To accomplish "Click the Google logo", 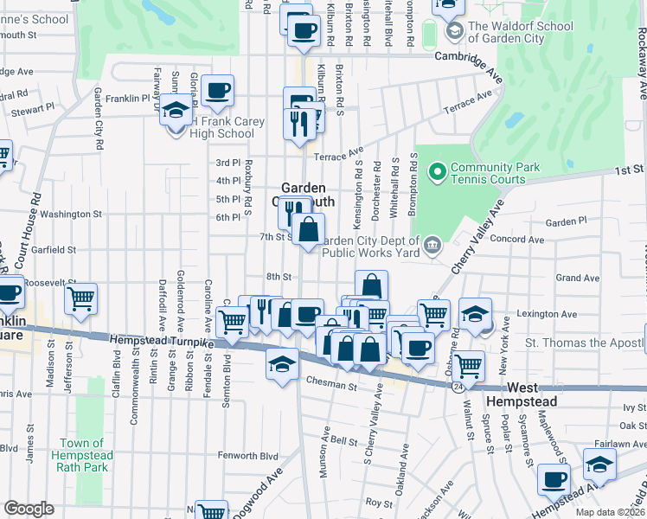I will [x=29, y=509].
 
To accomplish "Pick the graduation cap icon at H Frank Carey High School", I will [x=176, y=112].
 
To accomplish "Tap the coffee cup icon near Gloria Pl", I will [x=217, y=90].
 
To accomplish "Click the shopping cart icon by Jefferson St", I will [x=80, y=299].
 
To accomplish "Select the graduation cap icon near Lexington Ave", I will [x=476, y=313].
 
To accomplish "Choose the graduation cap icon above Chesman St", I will [x=281, y=364].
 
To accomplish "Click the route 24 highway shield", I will [x=455, y=389].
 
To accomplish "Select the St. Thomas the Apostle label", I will [x=586, y=343].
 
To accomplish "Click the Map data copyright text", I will [x=610, y=512].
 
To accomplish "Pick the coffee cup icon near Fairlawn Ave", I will [x=554, y=478].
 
